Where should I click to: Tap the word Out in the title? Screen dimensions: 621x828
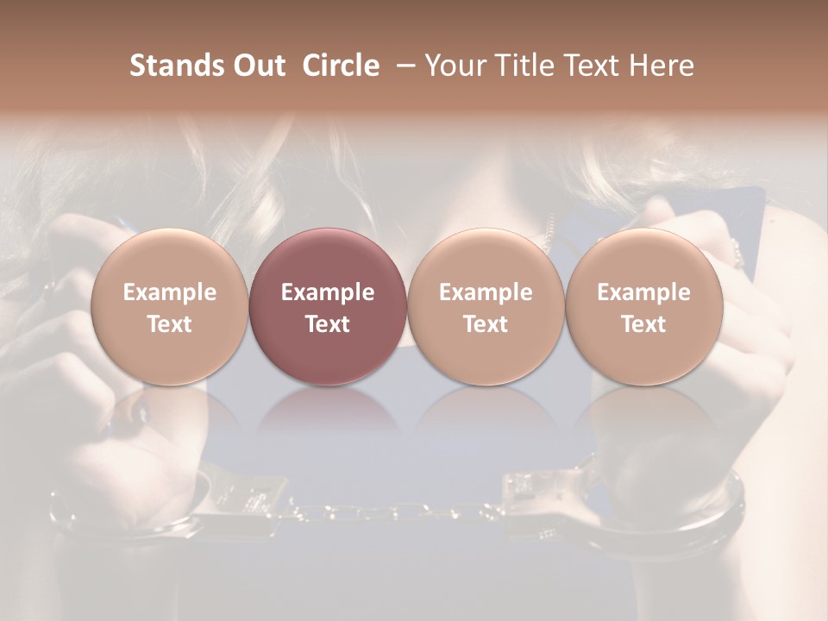[x=256, y=66]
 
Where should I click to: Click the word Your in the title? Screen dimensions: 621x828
[x=453, y=66]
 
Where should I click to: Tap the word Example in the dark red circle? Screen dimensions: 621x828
[x=327, y=292]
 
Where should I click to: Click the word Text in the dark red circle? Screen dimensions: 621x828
[x=327, y=324]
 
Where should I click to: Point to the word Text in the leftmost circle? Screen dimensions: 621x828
[x=169, y=324]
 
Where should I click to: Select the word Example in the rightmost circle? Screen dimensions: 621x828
[x=643, y=292]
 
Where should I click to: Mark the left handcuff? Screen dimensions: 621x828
[x=190, y=509]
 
